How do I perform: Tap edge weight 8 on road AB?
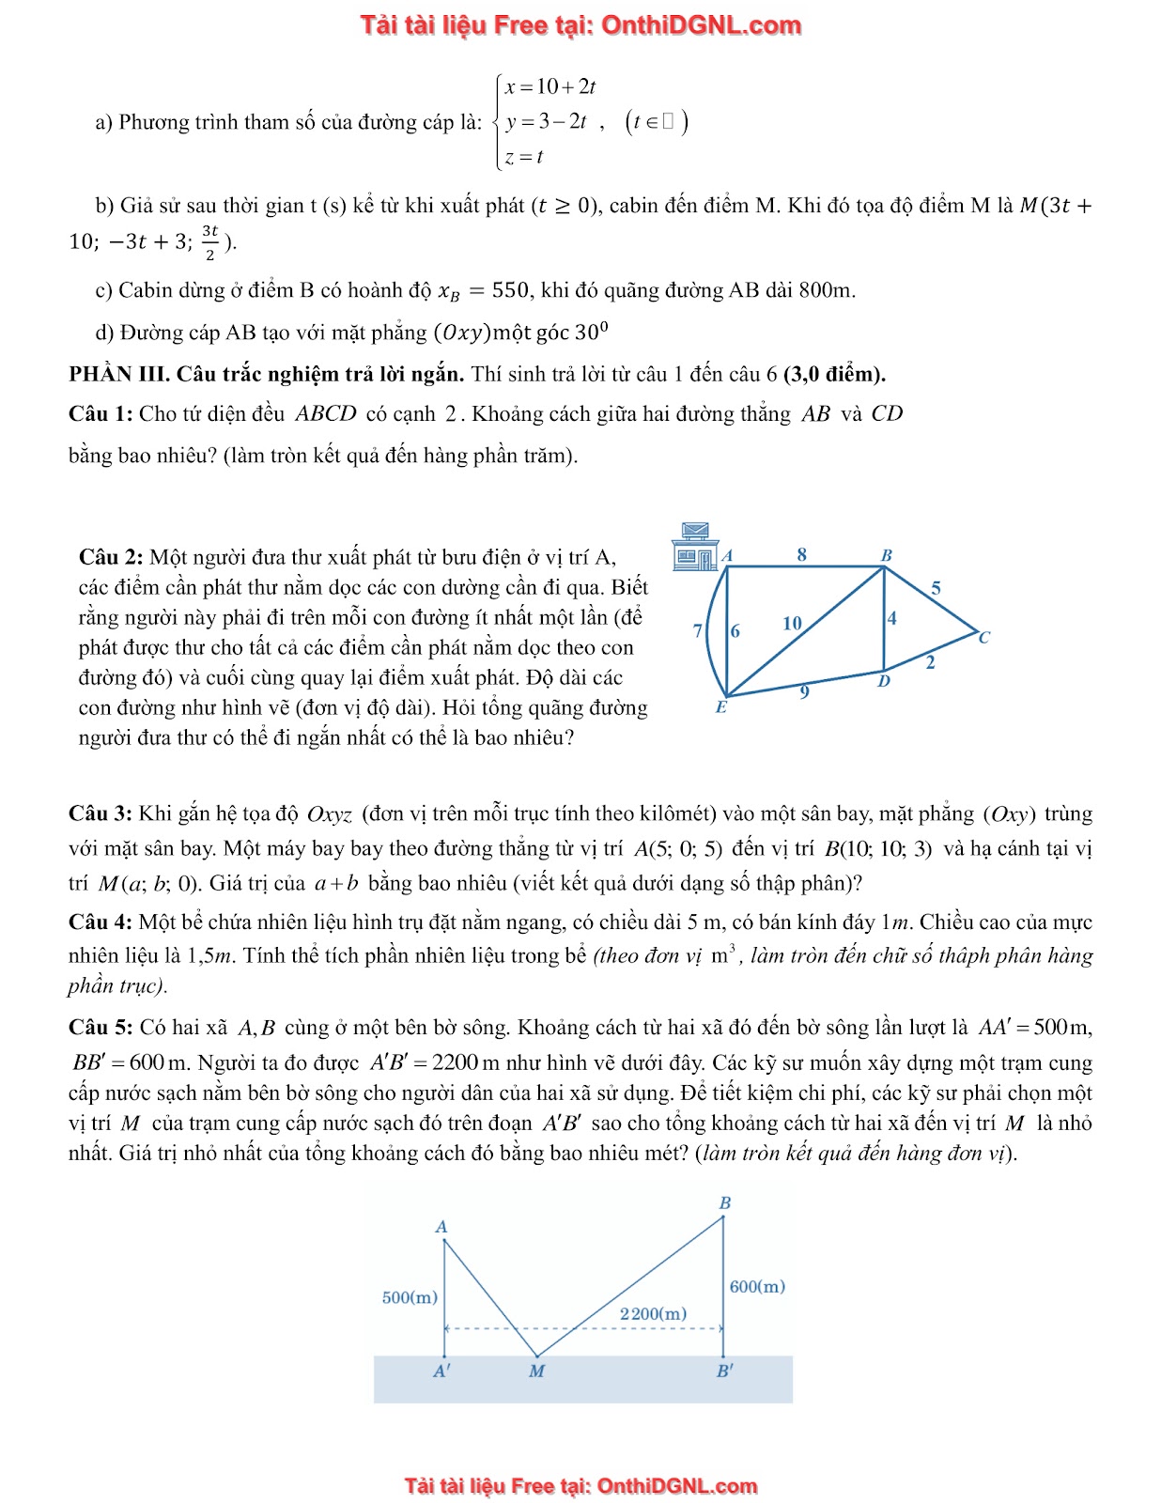[x=801, y=554]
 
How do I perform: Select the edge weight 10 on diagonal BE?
[x=792, y=623]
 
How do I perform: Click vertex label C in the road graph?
[x=983, y=638]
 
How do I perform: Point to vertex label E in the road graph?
[x=720, y=707]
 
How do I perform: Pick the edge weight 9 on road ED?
[x=804, y=692]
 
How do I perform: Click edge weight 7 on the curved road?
[x=697, y=630]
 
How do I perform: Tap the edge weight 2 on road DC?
[x=930, y=662]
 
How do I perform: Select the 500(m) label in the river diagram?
[x=410, y=1297]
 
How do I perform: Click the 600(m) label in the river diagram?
[x=757, y=1286]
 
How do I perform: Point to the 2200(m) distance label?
[x=653, y=1313]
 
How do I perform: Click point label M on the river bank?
[x=536, y=1371]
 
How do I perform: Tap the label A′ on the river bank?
[x=441, y=1371]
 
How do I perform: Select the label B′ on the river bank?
[x=724, y=1371]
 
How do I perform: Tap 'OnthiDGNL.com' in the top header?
[x=701, y=25]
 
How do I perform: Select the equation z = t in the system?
[x=524, y=157]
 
